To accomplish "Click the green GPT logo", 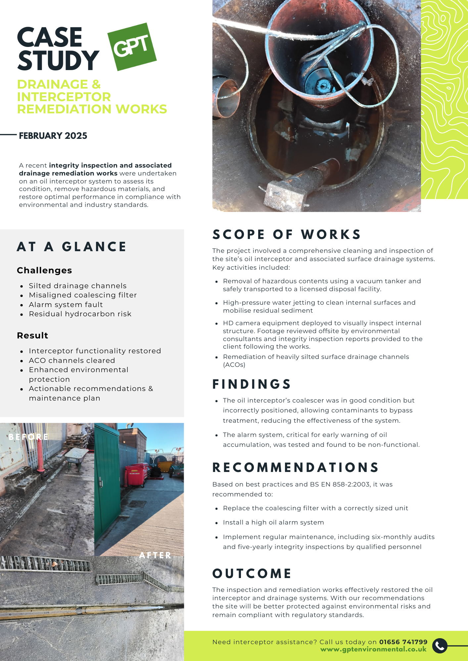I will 132,47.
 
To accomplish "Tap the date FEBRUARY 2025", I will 53,136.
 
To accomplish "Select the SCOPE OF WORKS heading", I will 286,234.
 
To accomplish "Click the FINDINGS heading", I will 252,384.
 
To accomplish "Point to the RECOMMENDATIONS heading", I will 296,468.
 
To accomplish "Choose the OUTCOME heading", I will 252,574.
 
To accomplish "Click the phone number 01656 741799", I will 403,642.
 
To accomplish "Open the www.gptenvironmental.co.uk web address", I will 373,649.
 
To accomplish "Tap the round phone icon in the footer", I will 440,645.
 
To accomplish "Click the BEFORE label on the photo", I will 28,437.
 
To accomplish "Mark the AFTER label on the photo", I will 155,555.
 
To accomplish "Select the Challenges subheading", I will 44,270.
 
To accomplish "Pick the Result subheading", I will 32,335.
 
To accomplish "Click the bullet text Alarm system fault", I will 66,304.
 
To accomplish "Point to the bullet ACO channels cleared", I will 72,360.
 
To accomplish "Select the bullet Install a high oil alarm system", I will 273,523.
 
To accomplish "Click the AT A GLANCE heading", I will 71,247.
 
